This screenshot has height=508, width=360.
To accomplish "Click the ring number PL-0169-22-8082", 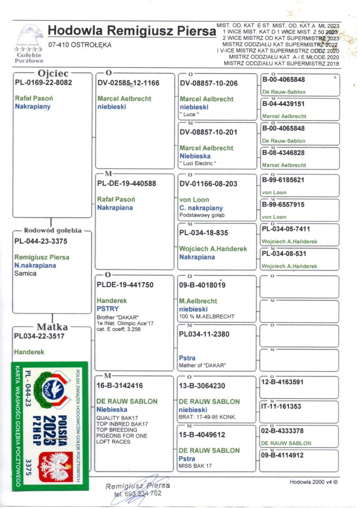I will [43, 83].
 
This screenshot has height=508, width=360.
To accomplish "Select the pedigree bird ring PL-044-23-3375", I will [41, 241].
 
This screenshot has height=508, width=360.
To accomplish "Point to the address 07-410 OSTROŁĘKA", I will [80, 45].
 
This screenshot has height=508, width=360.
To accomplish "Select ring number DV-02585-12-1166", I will [128, 83].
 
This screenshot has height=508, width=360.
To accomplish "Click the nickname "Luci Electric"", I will [198, 163].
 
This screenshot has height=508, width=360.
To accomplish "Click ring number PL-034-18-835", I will [203, 233].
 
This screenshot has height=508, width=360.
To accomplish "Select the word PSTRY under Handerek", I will [108, 309].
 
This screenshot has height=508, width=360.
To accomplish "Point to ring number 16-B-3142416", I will [120, 385].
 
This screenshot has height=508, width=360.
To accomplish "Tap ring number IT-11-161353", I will [282, 407].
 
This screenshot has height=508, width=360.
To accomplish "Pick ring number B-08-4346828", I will [283, 153].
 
